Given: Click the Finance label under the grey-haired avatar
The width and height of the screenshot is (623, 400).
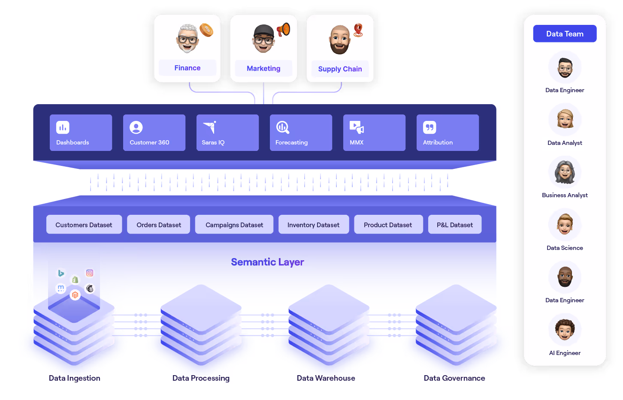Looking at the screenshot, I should click(x=188, y=68).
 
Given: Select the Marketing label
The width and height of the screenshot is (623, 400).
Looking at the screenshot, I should click(x=263, y=68).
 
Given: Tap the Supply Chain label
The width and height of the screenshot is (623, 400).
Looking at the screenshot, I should click(x=340, y=69).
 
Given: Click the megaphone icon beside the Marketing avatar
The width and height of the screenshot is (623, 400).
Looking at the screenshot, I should click(x=283, y=30).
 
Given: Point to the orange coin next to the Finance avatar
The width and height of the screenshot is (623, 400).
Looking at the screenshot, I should click(x=206, y=30).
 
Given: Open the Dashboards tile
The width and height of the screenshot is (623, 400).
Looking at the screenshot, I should click(x=81, y=132).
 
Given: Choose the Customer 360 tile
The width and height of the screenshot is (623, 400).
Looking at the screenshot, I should click(x=154, y=132).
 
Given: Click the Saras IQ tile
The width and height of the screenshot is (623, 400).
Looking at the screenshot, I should click(x=227, y=132).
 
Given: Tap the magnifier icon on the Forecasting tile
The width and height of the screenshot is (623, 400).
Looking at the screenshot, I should click(x=282, y=127).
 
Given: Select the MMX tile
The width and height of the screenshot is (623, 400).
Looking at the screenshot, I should click(x=374, y=132).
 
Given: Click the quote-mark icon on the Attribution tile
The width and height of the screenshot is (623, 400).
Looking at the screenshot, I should click(x=429, y=127).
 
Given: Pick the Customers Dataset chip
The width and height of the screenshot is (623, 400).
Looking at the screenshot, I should click(x=84, y=225).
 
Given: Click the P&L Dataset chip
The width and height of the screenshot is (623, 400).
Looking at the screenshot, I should click(x=455, y=225).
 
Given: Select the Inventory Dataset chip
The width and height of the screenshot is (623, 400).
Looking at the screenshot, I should click(x=313, y=225).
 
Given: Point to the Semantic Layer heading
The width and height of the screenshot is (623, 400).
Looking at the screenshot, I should click(x=267, y=262).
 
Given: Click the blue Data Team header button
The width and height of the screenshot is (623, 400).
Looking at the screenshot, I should click(x=565, y=34).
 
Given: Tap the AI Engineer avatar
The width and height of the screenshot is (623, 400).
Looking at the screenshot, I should click(x=565, y=330).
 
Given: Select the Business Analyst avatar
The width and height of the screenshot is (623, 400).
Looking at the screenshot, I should click(x=565, y=172).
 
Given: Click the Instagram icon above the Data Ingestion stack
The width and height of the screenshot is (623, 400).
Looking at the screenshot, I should click(x=90, y=273).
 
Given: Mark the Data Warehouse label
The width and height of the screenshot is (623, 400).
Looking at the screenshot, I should click(x=326, y=378).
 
